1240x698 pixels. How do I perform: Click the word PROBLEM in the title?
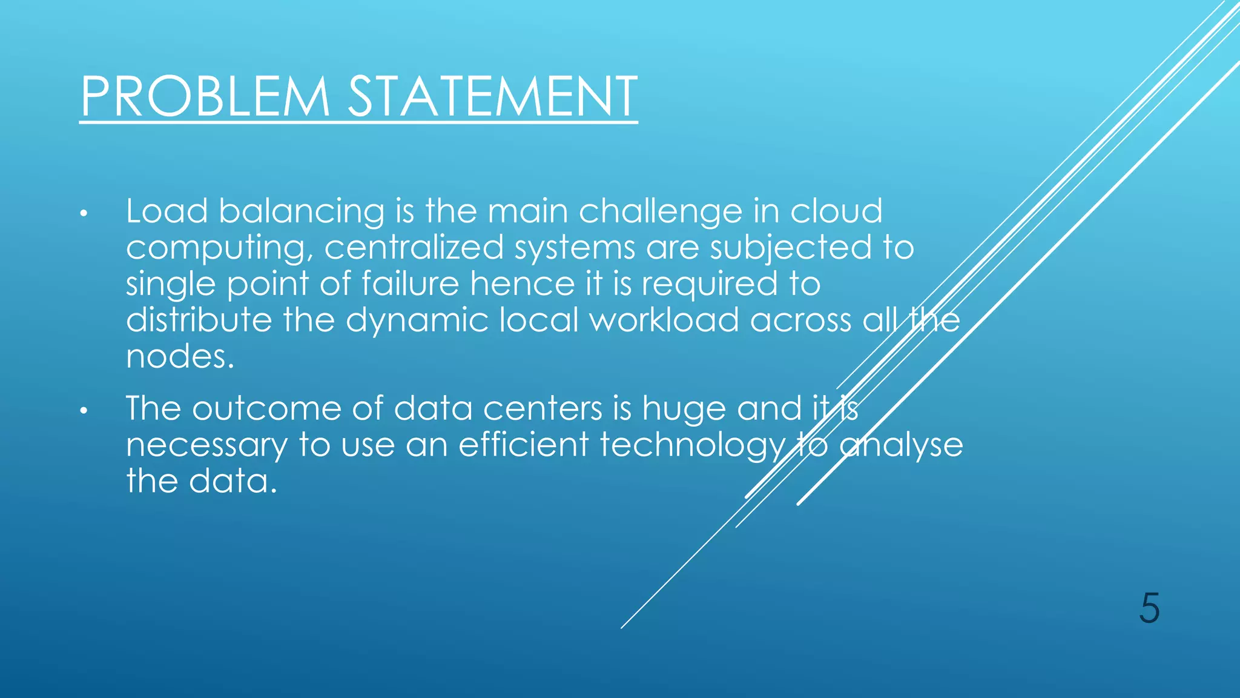point(205,96)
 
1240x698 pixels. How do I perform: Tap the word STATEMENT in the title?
point(492,96)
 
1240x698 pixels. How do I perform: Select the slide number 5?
point(1149,608)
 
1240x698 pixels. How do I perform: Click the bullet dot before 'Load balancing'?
point(84,214)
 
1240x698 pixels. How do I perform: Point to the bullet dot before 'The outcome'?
point(84,411)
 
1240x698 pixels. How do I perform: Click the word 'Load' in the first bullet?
point(167,211)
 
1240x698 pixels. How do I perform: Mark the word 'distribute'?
point(199,320)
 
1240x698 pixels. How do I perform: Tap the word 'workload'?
point(664,320)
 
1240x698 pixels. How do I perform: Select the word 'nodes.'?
point(180,356)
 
